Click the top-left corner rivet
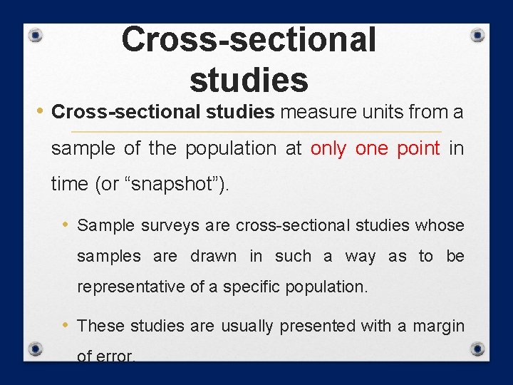[x=36, y=36]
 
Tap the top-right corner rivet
[x=478, y=36]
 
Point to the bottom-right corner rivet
[x=478, y=349]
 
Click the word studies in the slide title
[x=249, y=79]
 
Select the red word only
[x=330, y=148]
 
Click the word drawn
[x=213, y=256]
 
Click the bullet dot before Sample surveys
[x=65, y=225]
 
